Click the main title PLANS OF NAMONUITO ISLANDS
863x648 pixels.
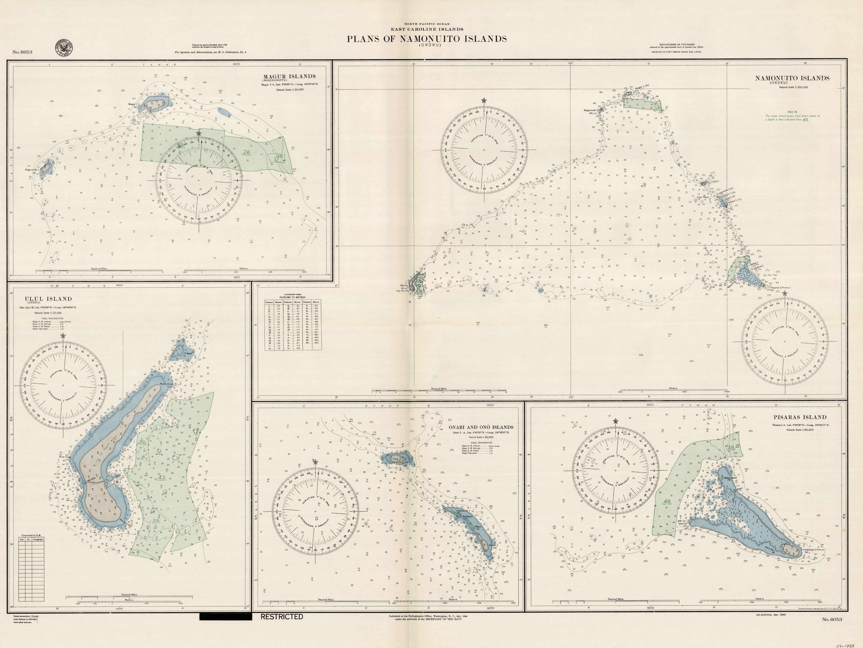[x=427, y=39]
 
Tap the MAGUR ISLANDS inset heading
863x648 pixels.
[x=289, y=76]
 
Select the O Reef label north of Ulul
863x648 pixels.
[x=189, y=354]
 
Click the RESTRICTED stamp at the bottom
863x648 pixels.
[x=282, y=617]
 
